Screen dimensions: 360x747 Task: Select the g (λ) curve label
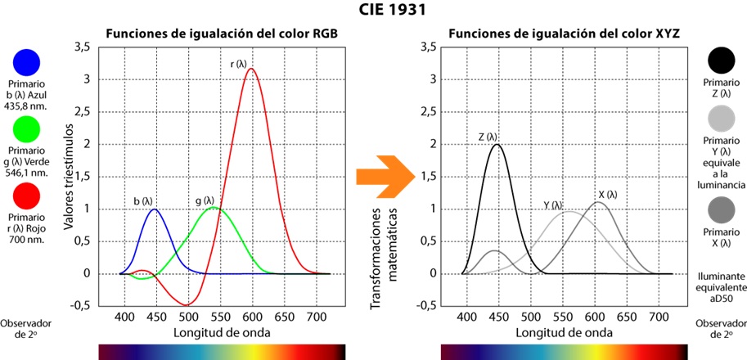204,200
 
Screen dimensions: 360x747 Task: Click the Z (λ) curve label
488,137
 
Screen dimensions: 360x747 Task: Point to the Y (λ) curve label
554,205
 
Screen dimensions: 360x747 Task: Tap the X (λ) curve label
607,194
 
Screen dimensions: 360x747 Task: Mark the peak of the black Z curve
496,145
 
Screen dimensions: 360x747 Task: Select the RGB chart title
222,34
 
